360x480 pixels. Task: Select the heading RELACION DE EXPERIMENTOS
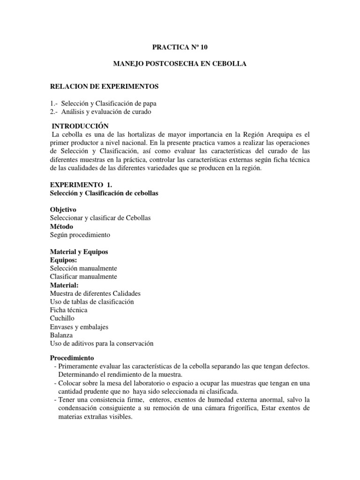105,86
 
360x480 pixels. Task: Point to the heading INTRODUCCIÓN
80,126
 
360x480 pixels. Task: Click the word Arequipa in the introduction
274,135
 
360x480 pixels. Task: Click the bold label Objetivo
63,210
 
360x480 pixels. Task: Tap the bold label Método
61,226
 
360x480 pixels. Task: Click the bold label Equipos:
64,260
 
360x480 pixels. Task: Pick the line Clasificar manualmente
83,277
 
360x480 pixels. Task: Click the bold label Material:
64,285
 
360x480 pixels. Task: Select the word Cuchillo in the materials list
62,318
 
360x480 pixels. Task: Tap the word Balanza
61,335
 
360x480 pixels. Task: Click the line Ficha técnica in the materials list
68,310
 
